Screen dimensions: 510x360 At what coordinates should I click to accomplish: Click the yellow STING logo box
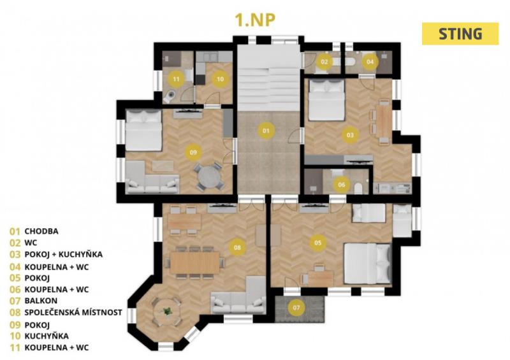(x=460, y=34)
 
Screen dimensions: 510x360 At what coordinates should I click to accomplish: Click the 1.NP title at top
(x=254, y=20)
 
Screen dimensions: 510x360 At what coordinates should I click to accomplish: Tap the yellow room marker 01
(x=266, y=131)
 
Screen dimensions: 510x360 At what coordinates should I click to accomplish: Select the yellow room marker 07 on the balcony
(x=296, y=307)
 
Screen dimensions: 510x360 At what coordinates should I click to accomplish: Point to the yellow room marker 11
(x=176, y=79)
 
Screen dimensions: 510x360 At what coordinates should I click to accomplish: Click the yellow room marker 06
(x=341, y=185)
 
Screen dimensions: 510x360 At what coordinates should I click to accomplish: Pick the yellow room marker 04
(x=370, y=61)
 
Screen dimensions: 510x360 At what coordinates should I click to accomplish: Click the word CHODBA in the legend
(x=41, y=231)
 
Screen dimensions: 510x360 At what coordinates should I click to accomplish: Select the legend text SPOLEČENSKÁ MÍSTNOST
(x=73, y=312)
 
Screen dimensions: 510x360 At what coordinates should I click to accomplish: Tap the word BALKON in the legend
(x=41, y=301)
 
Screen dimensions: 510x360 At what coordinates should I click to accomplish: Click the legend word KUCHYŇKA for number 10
(x=47, y=336)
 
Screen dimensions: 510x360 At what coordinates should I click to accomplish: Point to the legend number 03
(x=15, y=254)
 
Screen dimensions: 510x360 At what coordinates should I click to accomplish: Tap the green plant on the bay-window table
(x=168, y=311)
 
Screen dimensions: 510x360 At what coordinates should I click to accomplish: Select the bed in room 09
(x=143, y=130)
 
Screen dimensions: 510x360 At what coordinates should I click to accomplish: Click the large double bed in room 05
(x=368, y=263)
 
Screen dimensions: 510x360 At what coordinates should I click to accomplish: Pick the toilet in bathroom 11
(x=169, y=96)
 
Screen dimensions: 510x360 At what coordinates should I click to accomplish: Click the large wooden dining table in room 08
(x=195, y=263)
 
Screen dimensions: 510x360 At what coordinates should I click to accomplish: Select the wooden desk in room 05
(x=321, y=278)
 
